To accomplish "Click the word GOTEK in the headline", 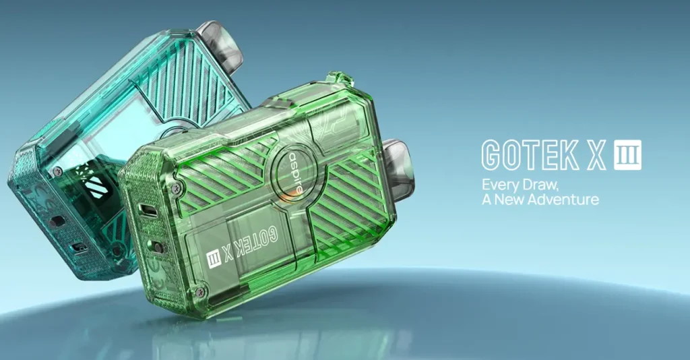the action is point(530,155).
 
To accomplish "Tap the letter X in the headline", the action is point(597,155).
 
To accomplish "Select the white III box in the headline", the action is point(628,155).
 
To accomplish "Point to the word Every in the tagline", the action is point(499,185).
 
